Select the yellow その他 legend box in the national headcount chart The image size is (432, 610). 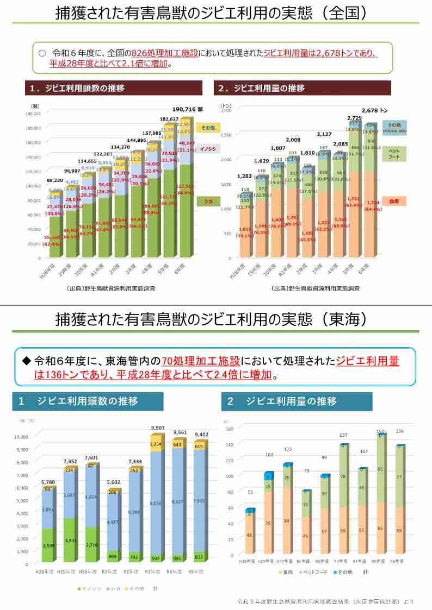pyautogui.click(x=208, y=127)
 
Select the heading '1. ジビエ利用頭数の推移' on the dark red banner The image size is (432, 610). pyautogui.click(x=77, y=88)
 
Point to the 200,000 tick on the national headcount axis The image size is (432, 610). pyautogui.click(x=33, y=114)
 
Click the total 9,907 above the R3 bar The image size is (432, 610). pyautogui.click(x=158, y=428)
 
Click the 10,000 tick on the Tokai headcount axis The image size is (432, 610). pyautogui.click(x=21, y=437)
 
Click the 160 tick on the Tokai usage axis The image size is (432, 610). pyautogui.click(x=229, y=429)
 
